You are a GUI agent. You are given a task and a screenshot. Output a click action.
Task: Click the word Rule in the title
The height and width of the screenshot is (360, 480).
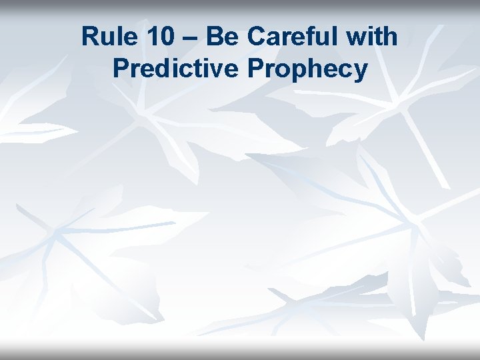pos(107,37)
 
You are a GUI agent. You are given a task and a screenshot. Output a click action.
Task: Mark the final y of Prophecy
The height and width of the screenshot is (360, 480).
pos(360,71)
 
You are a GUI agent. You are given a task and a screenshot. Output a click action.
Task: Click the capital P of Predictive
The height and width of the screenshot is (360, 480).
pos(121,68)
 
